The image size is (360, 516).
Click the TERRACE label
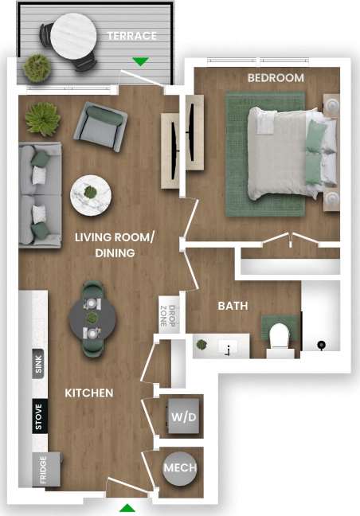(132, 36)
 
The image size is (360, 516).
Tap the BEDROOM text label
(276, 77)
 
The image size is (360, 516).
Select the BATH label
(233, 305)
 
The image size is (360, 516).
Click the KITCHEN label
(88, 393)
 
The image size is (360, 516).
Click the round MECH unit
(180, 468)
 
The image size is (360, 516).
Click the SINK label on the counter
(38, 366)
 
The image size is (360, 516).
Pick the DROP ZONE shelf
(165, 316)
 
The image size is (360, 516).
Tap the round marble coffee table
(91, 193)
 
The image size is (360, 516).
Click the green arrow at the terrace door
(141, 61)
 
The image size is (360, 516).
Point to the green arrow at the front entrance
(127, 507)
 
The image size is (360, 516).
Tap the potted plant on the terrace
(37, 68)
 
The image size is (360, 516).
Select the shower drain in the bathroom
(321, 345)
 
